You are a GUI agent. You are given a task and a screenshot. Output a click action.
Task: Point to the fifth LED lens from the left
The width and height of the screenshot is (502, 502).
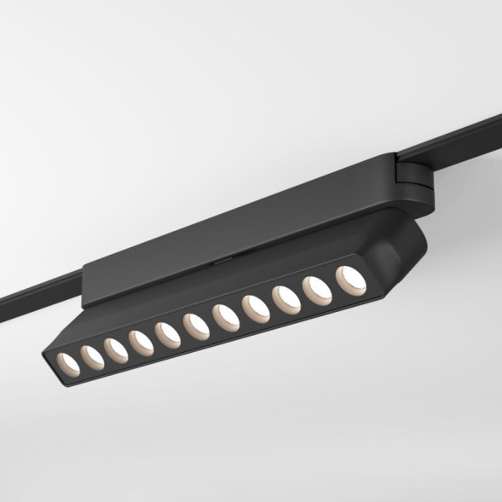[165, 332]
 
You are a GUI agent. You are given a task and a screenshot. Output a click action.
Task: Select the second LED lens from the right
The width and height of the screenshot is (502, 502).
[317, 288]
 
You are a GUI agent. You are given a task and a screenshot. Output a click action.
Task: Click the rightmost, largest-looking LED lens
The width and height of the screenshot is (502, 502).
[348, 278]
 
